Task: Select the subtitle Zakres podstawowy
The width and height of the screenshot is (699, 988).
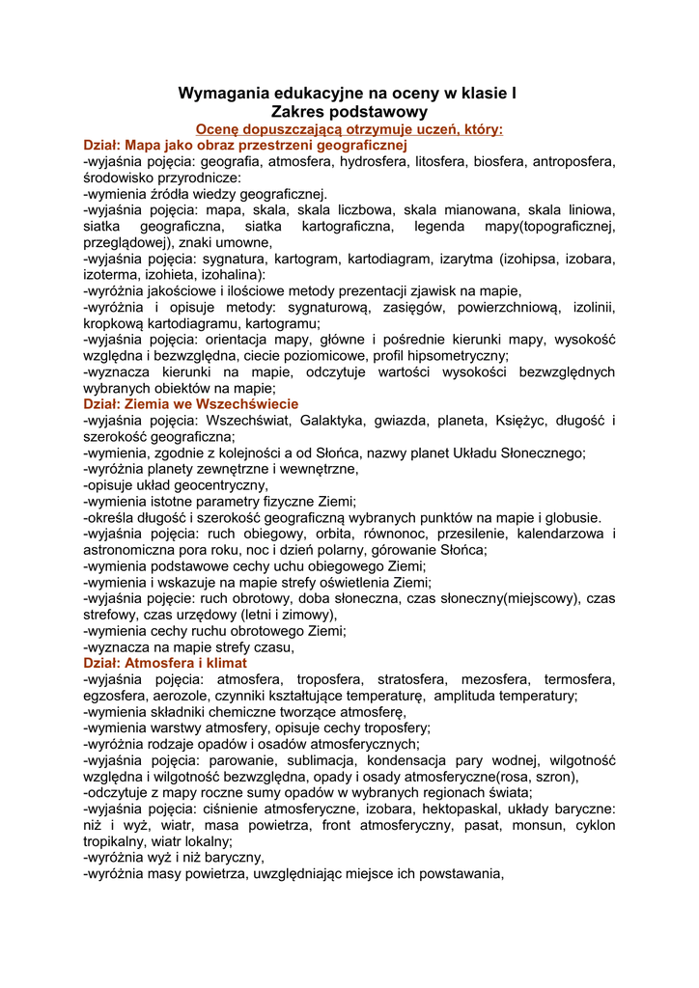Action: [x=349, y=112]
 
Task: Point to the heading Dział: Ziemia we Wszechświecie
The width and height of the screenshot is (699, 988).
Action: [x=191, y=403]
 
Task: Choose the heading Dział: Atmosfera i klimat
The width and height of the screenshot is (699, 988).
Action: [x=165, y=663]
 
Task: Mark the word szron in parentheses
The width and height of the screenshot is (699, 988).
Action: [x=554, y=777]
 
